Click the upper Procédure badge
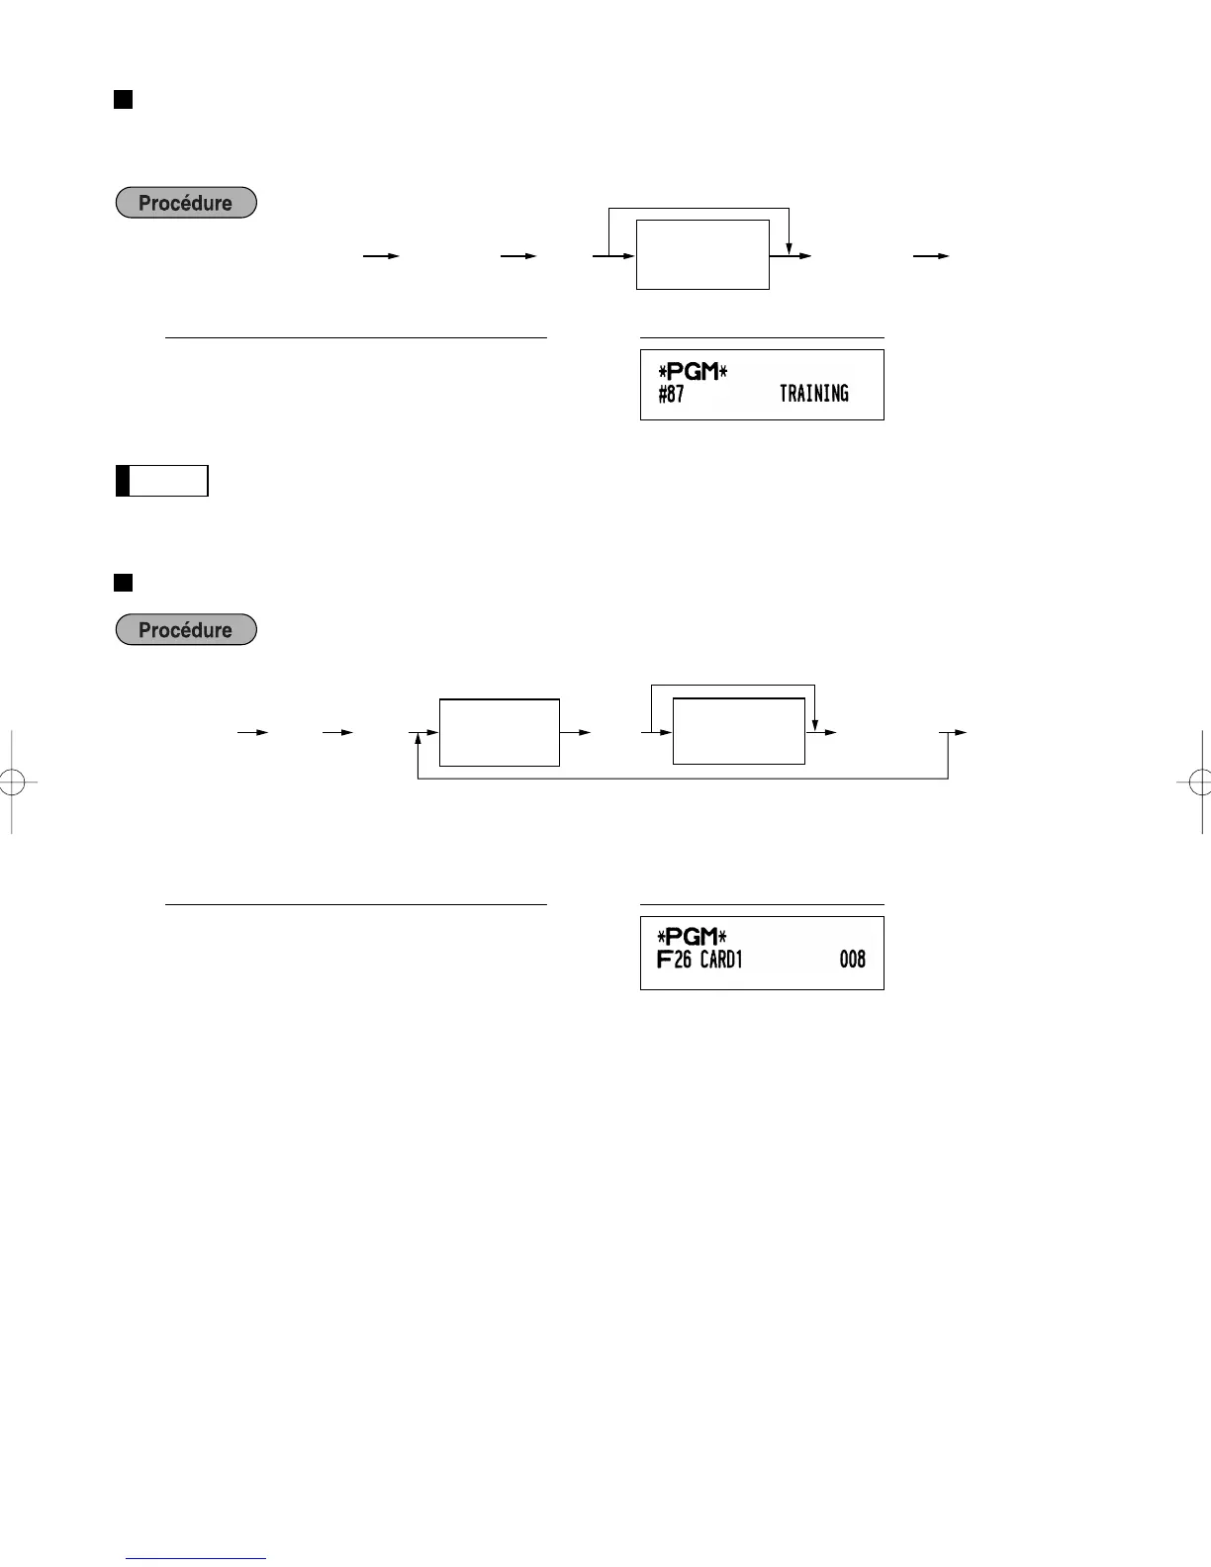point(186,203)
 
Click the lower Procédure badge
point(186,630)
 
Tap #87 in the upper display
point(671,394)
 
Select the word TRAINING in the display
point(813,394)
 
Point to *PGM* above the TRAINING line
point(693,372)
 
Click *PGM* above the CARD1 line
point(693,936)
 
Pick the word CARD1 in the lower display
point(721,959)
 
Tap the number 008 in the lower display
point(852,959)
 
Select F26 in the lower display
point(674,959)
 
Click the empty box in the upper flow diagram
point(702,255)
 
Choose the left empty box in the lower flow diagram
point(499,733)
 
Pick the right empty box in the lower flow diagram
point(738,731)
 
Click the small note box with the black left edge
point(162,481)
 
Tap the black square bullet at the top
point(123,99)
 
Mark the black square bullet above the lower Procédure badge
point(123,582)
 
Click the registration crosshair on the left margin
point(11,782)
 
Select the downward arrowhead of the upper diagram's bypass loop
point(789,246)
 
